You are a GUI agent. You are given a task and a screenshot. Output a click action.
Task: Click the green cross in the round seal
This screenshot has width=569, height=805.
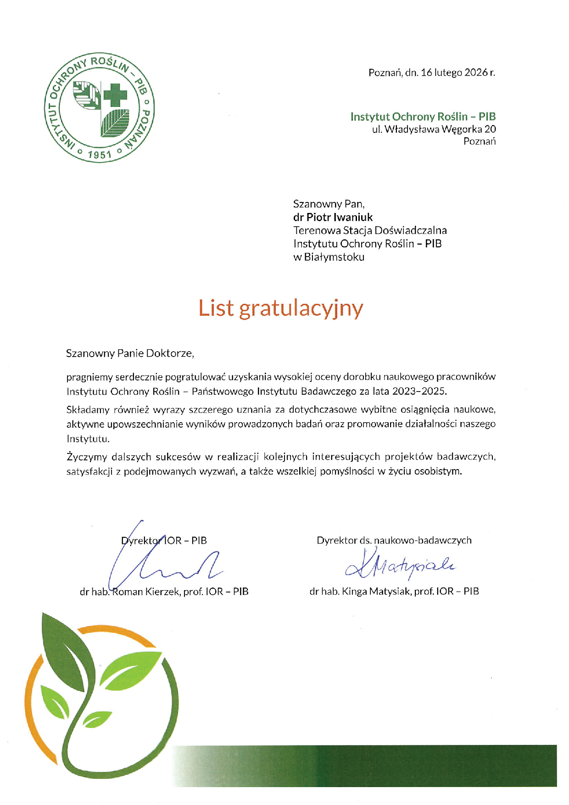click(115, 95)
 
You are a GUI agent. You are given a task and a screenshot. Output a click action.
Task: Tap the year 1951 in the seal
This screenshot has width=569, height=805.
click(100, 155)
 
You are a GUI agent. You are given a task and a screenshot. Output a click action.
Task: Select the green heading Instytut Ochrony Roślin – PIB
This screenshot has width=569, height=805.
click(423, 117)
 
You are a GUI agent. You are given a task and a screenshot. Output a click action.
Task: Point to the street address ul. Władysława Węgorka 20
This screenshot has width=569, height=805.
click(434, 129)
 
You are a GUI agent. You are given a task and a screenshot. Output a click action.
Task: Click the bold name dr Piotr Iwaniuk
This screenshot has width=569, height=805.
click(333, 217)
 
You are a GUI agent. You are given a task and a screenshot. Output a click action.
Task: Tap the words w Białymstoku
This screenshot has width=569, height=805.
click(329, 257)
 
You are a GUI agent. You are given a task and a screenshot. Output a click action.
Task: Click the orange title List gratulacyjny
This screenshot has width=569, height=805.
click(280, 308)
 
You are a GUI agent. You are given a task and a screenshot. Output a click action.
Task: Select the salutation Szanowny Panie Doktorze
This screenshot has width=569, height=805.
click(130, 353)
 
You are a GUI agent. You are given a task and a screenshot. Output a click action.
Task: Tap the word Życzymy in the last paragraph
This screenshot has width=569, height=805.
click(87, 457)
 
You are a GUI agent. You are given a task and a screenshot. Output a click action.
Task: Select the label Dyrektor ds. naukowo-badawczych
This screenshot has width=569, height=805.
click(394, 540)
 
